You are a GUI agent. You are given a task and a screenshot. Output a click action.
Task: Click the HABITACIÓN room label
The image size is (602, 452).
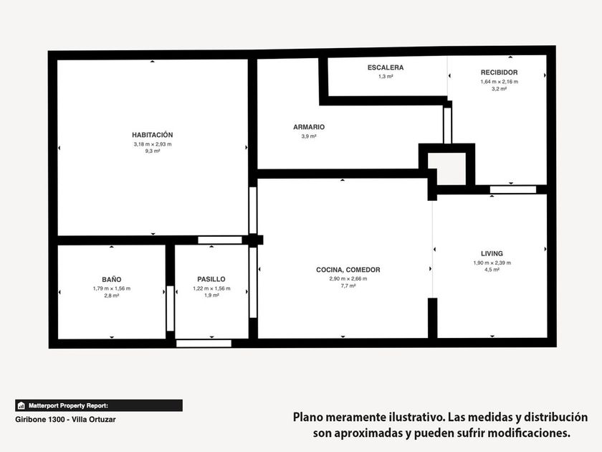153,135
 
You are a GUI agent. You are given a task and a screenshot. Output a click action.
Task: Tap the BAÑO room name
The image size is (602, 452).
112,279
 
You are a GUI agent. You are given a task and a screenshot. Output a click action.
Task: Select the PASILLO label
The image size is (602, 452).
211,279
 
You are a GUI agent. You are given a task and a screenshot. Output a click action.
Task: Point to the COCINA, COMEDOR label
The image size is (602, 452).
348,270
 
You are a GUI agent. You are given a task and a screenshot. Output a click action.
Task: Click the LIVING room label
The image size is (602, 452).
492,254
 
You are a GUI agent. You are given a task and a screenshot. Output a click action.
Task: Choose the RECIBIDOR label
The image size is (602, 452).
499,72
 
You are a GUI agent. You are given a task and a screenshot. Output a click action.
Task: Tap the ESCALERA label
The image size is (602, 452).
386,67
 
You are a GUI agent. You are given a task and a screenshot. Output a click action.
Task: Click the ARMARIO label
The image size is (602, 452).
309,127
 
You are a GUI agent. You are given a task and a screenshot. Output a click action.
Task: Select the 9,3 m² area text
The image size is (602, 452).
153,151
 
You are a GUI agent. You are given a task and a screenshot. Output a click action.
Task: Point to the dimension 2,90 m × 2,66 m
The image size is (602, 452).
348,278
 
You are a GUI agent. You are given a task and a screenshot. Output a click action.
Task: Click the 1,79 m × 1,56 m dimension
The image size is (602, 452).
112,288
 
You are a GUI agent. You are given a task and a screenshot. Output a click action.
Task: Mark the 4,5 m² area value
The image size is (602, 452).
492,270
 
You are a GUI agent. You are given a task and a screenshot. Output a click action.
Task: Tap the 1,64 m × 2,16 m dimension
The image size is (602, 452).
499,82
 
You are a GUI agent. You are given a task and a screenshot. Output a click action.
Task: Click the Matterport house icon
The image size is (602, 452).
21,405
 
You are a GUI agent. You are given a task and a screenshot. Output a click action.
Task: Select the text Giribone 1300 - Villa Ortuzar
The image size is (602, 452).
65,419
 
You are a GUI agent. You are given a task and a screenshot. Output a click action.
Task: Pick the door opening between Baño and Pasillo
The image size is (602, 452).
170,309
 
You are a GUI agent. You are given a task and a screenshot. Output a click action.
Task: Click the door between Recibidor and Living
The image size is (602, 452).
513,189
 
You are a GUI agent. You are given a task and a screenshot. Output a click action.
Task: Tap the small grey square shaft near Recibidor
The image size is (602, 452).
447,169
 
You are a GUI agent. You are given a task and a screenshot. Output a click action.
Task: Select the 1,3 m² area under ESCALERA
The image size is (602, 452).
386,77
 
